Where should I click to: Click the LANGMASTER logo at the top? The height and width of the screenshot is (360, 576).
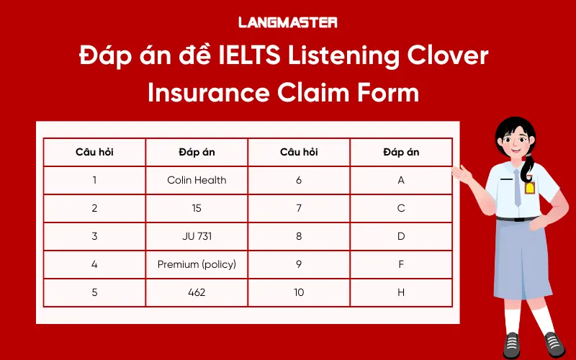pyautogui.click(x=287, y=22)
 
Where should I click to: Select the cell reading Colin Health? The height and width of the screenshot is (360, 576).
pyautogui.click(x=197, y=180)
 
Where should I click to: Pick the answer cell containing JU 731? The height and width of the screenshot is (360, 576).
pyautogui.click(x=197, y=236)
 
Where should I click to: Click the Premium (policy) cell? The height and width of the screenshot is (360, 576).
pyautogui.click(x=197, y=264)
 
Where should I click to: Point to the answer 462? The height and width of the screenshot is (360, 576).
pyautogui.click(x=197, y=292)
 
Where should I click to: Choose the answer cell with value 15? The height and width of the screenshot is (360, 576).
pyautogui.click(x=197, y=208)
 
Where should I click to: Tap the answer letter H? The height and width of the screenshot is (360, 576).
pyautogui.click(x=401, y=292)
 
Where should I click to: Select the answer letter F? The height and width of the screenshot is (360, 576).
pyautogui.click(x=401, y=264)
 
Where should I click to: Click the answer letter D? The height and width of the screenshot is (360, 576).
pyautogui.click(x=401, y=236)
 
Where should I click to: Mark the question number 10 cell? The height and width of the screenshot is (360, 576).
pyautogui.click(x=299, y=292)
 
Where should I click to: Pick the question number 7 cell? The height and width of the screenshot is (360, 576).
pyautogui.click(x=299, y=208)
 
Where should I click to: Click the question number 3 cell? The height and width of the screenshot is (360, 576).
pyautogui.click(x=94, y=236)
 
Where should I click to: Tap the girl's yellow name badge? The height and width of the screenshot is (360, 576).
pyautogui.click(x=530, y=188)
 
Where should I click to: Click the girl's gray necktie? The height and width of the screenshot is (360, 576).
pyautogui.click(x=518, y=191)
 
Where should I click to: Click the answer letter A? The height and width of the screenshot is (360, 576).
pyautogui.click(x=401, y=180)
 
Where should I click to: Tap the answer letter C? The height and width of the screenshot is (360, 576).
pyautogui.click(x=401, y=208)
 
